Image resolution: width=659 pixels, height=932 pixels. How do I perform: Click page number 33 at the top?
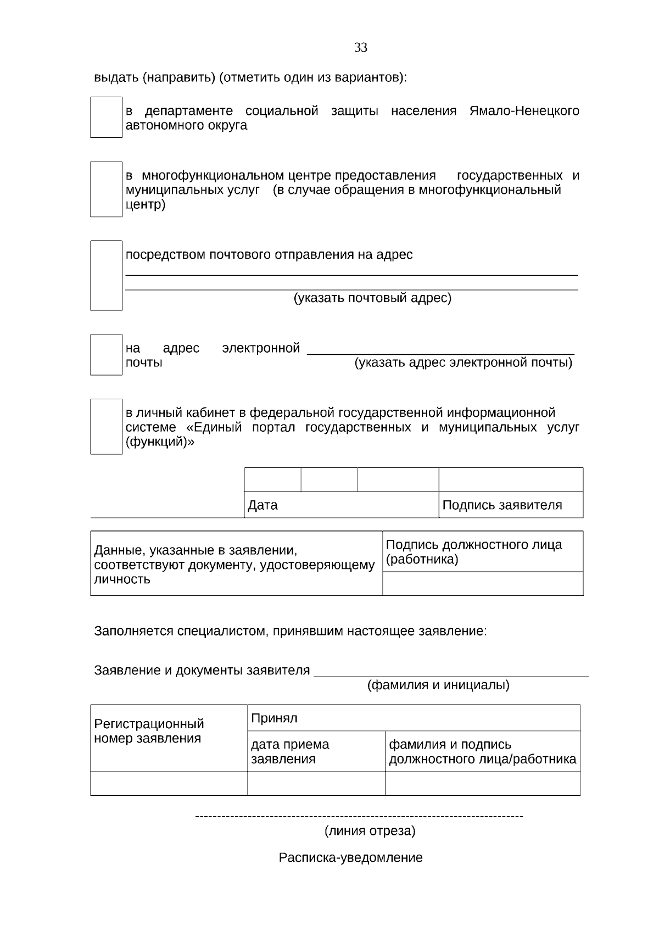pos(360,48)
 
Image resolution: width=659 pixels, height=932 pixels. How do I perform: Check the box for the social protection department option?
pos(106,118)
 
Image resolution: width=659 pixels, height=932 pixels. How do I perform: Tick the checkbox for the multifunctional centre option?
pos(106,189)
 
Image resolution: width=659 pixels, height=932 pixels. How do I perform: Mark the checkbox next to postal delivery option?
pos(106,276)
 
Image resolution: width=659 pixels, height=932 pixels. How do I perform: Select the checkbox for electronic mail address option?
pos(106,355)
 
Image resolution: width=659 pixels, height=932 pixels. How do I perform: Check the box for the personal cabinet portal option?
pos(106,427)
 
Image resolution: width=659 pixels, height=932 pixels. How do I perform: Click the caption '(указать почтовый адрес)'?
pos(372,298)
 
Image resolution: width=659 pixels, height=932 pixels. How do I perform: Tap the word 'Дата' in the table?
pos(263,505)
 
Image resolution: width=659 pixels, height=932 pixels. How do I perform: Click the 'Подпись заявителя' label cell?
pos(502,505)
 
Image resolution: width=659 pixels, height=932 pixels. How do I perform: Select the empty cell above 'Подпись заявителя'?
pos(511,479)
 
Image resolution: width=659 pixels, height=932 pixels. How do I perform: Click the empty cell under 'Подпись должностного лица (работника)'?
pos(482,584)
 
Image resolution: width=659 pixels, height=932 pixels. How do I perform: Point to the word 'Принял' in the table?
pos(274,718)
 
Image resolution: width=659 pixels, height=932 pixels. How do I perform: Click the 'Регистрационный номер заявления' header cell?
pos(149,731)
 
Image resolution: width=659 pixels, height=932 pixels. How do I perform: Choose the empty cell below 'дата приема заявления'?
pos(316,784)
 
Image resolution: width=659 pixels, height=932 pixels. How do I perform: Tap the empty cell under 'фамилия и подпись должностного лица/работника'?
pos(482,784)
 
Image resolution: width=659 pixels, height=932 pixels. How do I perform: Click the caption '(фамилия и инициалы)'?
pos(438,685)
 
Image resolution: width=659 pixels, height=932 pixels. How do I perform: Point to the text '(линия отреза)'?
pos(370,831)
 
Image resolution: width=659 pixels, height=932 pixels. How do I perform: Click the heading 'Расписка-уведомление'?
pos(350,858)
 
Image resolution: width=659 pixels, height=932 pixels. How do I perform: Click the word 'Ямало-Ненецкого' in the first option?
pos(524,111)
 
